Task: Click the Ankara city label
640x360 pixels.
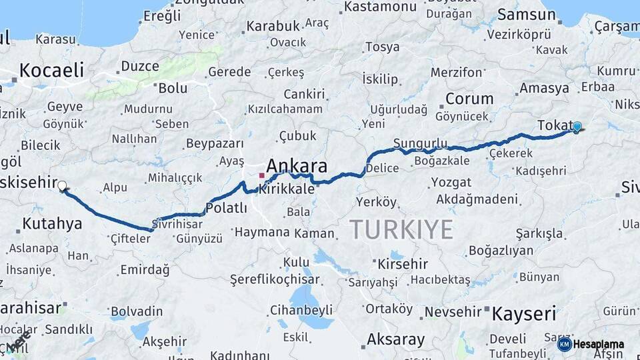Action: [x=297, y=165]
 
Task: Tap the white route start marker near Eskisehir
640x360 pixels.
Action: [x=62, y=186]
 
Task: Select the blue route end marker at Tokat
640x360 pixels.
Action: [x=577, y=127]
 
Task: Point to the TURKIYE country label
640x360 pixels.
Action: [x=402, y=229]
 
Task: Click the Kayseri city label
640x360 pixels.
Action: [x=524, y=313]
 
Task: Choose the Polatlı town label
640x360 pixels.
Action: [x=226, y=209]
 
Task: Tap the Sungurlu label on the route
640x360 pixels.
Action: [x=420, y=143]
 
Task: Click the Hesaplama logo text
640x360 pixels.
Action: [x=598, y=345]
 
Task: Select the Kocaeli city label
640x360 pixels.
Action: [x=52, y=70]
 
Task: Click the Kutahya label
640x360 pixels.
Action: [x=52, y=224]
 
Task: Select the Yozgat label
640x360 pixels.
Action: [x=451, y=182]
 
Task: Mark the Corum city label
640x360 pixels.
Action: [x=469, y=99]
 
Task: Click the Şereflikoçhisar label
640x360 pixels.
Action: [x=274, y=279]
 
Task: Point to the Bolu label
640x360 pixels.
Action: [x=173, y=87]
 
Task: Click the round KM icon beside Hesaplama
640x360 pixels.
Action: [x=564, y=345]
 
